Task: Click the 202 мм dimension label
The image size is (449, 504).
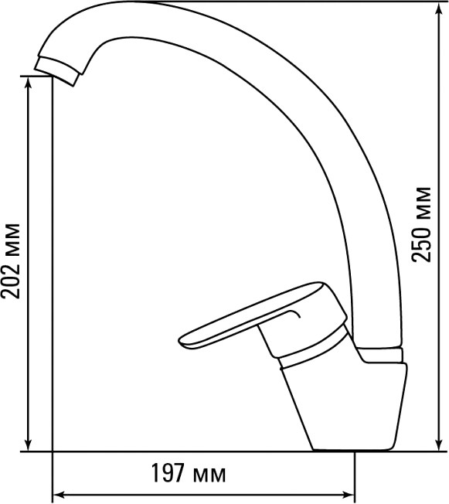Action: tap(11, 261)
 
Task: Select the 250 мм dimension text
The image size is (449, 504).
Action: tap(421, 224)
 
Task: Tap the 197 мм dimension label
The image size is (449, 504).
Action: tap(189, 473)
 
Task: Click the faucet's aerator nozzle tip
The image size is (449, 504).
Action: tap(56, 71)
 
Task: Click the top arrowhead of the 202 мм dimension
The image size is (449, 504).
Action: tap(29, 83)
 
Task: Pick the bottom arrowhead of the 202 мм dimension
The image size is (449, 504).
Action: tap(29, 444)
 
